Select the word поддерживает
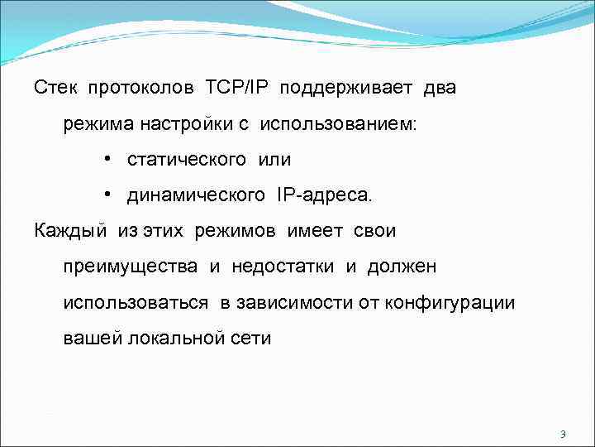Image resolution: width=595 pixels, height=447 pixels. click(x=350, y=88)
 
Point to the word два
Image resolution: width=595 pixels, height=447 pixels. click(x=440, y=88)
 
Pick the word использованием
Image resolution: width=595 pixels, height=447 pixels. click(x=339, y=124)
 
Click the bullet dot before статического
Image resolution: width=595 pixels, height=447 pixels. click(x=108, y=159)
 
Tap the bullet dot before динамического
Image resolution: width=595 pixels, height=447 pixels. click(x=108, y=195)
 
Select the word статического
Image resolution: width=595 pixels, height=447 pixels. click(x=187, y=159)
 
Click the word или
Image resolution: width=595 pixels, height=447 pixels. click(x=274, y=159)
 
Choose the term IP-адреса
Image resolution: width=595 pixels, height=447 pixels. click(x=320, y=195)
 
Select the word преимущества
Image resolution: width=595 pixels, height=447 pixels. click(x=131, y=267)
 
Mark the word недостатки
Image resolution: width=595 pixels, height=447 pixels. click(x=283, y=267)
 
